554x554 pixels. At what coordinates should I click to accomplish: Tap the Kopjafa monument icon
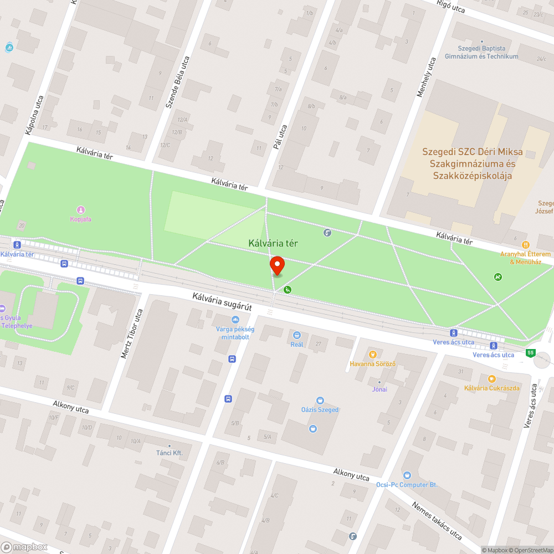pyautogui.click(x=81, y=209)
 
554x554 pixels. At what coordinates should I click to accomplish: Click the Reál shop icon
pyautogui.click(x=297, y=335)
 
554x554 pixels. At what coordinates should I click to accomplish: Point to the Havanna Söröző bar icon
pyautogui.click(x=373, y=354)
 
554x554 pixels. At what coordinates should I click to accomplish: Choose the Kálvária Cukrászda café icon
pyautogui.click(x=491, y=378)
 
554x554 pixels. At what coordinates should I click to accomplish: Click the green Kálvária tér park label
pyautogui.click(x=273, y=243)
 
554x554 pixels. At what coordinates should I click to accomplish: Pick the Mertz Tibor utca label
pyautogui.click(x=131, y=333)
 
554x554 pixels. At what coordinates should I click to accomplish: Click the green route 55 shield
pyautogui.click(x=531, y=353)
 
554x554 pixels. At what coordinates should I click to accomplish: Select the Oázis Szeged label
pyautogui.click(x=319, y=410)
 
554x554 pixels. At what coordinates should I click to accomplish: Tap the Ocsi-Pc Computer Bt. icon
pyautogui.click(x=407, y=475)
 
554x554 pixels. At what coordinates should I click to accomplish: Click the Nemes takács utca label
pyautogui.click(x=437, y=521)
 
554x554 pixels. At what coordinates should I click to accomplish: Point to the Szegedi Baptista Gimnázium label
pyautogui.click(x=482, y=53)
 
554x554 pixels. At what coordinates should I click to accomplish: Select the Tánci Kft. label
pyautogui.click(x=169, y=453)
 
